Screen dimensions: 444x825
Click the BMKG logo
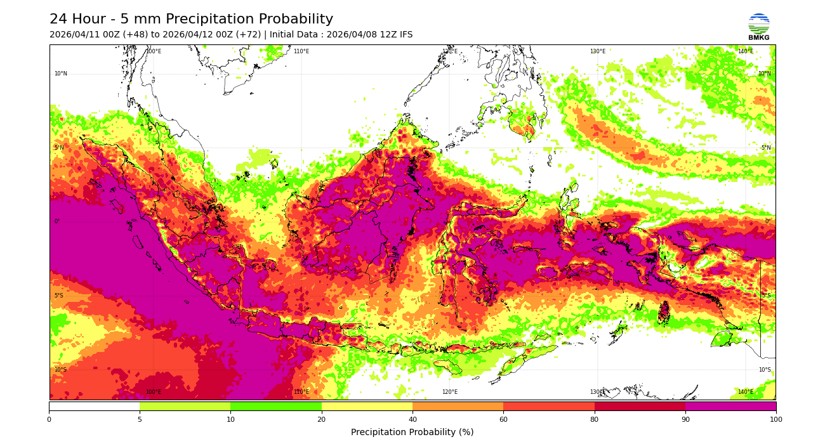[758, 25]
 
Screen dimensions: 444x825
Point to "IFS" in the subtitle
[405, 35]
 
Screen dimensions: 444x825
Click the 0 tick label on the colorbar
[49, 419]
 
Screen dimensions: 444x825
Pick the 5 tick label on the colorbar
[140, 419]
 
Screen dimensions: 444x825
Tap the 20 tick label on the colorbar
[322, 419]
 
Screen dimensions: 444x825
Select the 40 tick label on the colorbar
[412, 419]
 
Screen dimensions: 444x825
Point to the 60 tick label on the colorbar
[503, 419]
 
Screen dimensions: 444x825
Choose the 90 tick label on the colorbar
[685, 419]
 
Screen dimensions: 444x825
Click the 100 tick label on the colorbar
[775, 419]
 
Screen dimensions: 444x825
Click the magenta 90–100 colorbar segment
[730, 406]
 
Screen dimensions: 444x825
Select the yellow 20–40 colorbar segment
[367, 406]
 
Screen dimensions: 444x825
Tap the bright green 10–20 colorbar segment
[276, 406]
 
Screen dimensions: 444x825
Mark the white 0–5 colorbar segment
[94, 406]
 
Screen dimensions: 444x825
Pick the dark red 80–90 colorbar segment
[640, 406]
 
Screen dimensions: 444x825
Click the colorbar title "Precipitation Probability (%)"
[412, 433]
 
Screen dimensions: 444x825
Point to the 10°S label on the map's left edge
[60, 370]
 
